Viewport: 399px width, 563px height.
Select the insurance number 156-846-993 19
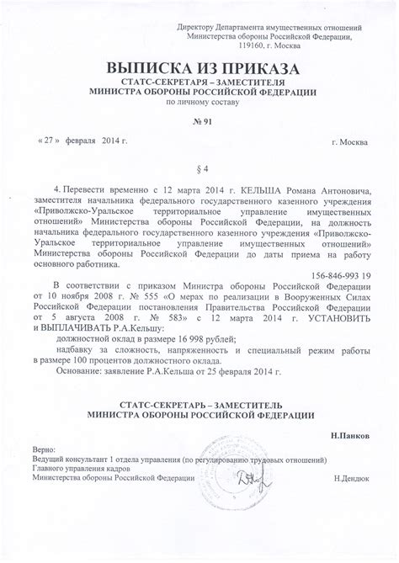coord(341,275)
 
